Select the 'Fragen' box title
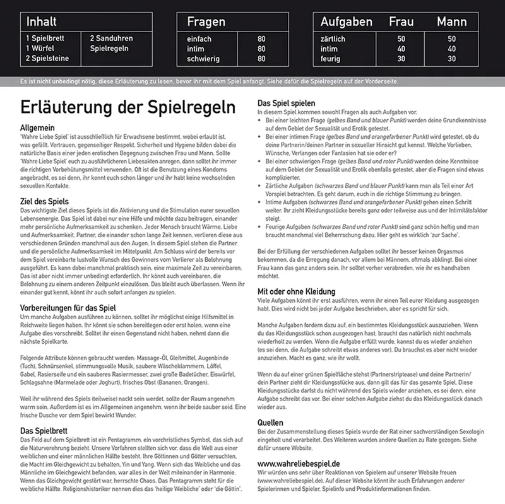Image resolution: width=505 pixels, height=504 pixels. [206, 21]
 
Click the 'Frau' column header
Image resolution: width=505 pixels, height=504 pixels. [401, 21]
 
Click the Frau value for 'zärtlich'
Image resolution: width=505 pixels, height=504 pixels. [401, 38]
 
